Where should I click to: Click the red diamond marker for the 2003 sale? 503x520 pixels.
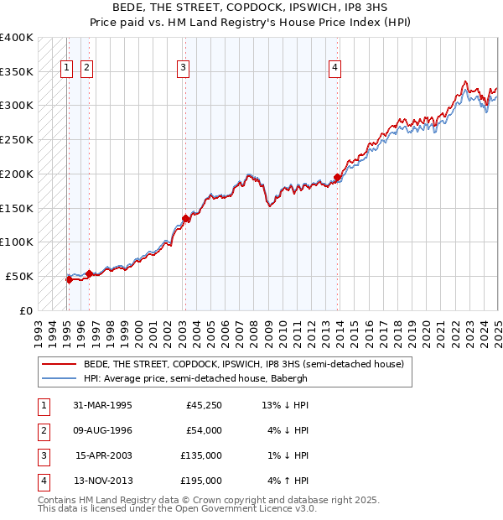185,219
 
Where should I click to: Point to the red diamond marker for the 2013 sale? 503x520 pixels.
337,177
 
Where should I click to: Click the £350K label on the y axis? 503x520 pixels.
17,72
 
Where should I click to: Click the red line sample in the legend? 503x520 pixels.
59,364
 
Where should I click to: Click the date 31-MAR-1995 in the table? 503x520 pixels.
103,405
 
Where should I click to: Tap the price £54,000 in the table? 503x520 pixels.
204,430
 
